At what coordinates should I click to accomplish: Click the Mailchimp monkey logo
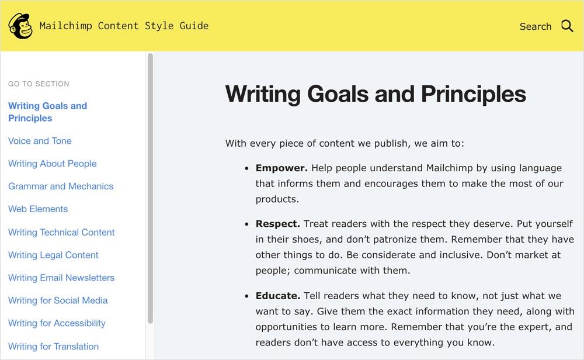pyautogui.click(x=20, y=26)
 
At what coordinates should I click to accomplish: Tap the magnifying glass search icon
pyautogui.click(x=567, y=26)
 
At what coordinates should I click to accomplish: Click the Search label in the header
pyautogui.click(x=535, y=26)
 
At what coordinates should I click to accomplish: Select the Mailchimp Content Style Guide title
pyautogui.click(x=124, y=26)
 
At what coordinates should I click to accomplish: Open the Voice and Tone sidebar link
pyautogui.click(x=40, y=141)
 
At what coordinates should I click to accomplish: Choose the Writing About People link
pyautogui.click(x=52, y=164)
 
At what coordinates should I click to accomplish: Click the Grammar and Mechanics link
pyautogui.click(x=61, y=186)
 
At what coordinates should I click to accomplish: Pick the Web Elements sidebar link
pyautogui.click(x=38, y=209)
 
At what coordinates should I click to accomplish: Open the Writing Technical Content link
pyautogui.click(x=61, y=232)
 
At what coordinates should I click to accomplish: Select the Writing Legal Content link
pyautogui.click(x=53, y=255)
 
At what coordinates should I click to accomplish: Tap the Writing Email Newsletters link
pyautogui.click(x=61, y=278)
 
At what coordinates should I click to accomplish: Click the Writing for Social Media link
pyautogui.click(x=58, y=300)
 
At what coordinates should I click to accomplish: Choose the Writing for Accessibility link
pyautogui.click(x=57, y=323)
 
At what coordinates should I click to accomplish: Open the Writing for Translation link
pyautogui.click(x=53, y=346)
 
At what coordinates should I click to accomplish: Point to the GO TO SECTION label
pyautogui.click(x=39, y=84)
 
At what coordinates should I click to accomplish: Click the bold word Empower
pyautogui.click(x=281, y=168)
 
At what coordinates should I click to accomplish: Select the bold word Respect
pyautogui.click(x=278, y=224)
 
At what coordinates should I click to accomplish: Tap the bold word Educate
pyautogui.click(x=278, y=296)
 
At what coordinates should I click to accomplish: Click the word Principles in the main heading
pyautogui.click(x=474, y=94)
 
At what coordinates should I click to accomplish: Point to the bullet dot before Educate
pyautogui.click(x=246, y=296)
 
